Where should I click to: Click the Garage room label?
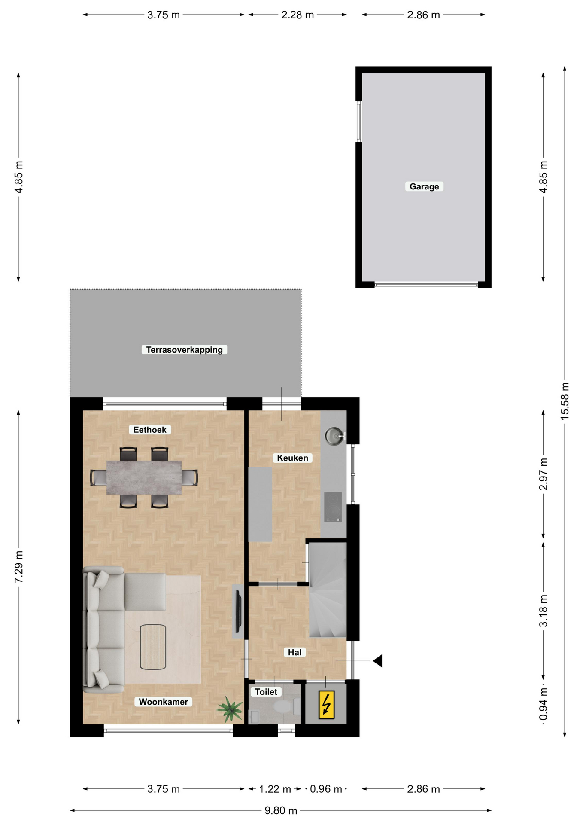pos(424,186)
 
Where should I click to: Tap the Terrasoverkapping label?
pos(184,350)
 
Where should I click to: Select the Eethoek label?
pos(150,430)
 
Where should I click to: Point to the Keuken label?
pos(292,458)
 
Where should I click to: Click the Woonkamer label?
pos(164,702)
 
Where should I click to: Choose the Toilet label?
pos(266,692)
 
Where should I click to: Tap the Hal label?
pos(295,652)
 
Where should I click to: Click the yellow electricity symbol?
pos(326,704)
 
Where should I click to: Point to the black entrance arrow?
pos(377,660)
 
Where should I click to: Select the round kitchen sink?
pos(334,436)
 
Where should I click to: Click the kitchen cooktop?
pos(333,507)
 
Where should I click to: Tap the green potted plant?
pos(231,709)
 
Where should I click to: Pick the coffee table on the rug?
pos(153,647)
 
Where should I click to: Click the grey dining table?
pos(144,477)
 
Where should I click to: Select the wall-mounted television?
pos(239,611)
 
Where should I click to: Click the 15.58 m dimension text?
pos(565,401)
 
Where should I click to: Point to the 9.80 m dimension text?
pos(281,810)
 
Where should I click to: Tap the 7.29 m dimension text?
pos(19,567)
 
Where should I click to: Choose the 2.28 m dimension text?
pos(298,15)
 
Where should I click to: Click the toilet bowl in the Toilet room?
pos(284,706)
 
